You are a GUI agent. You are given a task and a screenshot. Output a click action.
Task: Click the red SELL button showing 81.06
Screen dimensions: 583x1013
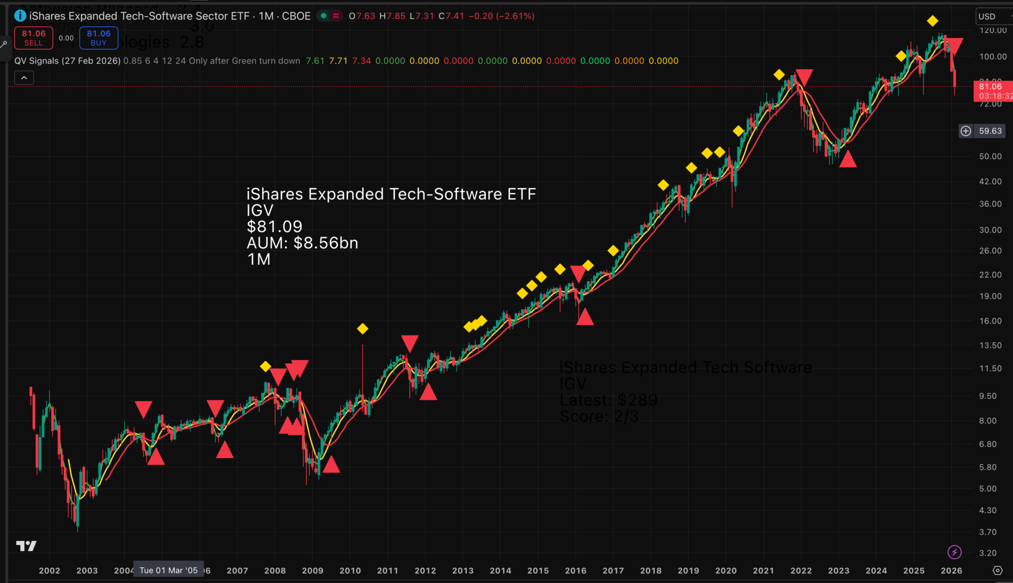pos(34,38)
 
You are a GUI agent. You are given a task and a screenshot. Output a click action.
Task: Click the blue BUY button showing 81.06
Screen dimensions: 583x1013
pos(98,38)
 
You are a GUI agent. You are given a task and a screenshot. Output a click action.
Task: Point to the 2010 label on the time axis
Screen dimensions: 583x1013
pos(350,571)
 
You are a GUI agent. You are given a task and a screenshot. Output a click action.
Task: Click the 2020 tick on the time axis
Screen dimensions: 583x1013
pos(726,571)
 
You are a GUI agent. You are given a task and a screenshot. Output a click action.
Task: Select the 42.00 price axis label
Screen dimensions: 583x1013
pos(990,182)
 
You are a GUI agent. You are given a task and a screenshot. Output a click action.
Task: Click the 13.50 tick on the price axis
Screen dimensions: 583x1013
pos(990,345)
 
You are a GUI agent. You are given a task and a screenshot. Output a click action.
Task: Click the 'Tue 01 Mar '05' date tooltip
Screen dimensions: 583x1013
pos(168,571)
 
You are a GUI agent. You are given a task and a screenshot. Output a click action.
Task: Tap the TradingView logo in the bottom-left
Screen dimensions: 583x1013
pos(26,546)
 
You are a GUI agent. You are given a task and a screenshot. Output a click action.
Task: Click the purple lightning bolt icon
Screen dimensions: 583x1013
pos(954,552)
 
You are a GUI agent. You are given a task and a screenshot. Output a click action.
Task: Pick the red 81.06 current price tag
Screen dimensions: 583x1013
pos(992,91)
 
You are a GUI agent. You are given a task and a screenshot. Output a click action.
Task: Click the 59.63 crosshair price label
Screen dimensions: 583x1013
pos(990,131)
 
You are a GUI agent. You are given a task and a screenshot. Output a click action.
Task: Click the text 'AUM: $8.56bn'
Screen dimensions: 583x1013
pos(302,243)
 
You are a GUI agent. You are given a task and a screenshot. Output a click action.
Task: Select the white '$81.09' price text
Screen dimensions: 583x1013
pos(275,227)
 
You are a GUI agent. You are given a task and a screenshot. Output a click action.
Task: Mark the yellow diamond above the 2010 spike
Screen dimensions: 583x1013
pos(363,329)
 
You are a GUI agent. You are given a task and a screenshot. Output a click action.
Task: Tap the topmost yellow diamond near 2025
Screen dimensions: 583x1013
pos(932,21)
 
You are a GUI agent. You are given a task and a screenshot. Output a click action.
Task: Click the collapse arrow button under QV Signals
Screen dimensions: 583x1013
pos(24,78)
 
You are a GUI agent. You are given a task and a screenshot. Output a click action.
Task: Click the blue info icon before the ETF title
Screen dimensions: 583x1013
pos(20,16)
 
